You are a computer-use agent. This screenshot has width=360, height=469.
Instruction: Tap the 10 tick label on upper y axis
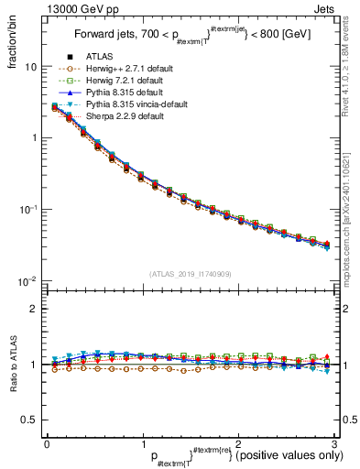click(x=31, y=67)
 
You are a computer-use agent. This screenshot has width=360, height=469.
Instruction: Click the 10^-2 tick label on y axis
click(x=28, y=280)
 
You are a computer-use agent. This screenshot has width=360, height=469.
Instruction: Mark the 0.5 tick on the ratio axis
click(x=29, y=420)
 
